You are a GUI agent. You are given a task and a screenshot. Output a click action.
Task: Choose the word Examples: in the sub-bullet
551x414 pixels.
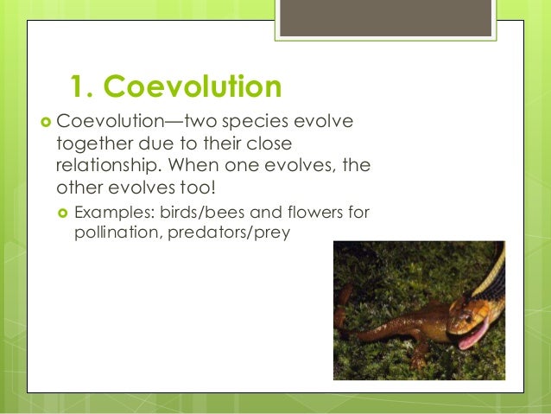pos(111,213)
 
